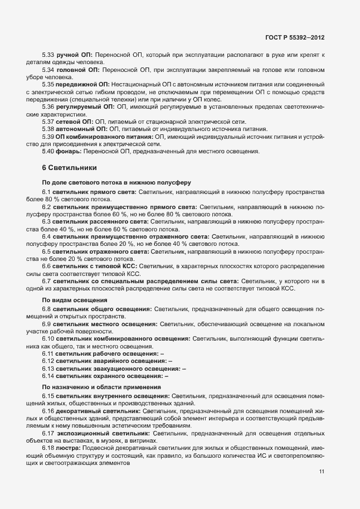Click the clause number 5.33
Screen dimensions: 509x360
(x=48, y=55)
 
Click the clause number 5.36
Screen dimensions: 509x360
(x=48, y=106)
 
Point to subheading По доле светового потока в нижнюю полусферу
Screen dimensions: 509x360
(x=116, y=182)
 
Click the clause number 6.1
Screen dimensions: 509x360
(x=46, y=192)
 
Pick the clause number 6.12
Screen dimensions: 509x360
(x=48, y=361)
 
